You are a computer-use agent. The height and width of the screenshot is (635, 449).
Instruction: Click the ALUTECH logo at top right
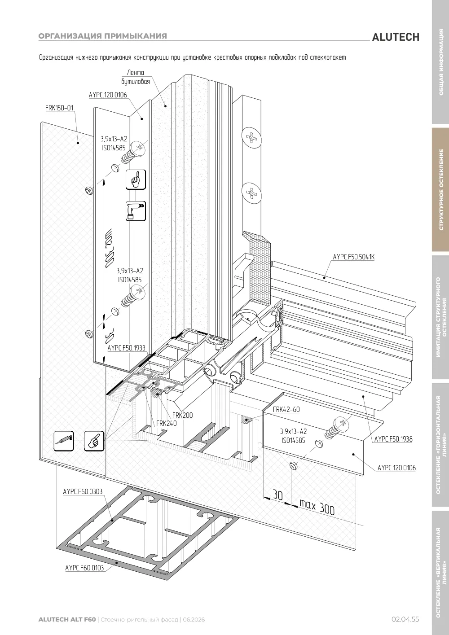coord(396,37)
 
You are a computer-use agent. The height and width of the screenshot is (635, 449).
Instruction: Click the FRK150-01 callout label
coord(59,108)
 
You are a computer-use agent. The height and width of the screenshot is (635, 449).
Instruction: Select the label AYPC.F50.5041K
coord(354,257)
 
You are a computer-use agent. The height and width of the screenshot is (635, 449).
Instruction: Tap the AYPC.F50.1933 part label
coord(126,348)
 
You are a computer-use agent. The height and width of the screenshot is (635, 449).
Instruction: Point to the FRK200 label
coord(182,415)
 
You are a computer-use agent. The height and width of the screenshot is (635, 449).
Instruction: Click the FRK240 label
coord(166,423)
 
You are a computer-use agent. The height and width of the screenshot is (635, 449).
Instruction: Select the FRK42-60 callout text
coord(286,409)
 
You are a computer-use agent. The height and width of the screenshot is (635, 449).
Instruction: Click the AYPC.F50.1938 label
coord(393,439)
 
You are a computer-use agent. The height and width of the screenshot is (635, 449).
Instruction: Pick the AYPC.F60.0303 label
coord(83,491)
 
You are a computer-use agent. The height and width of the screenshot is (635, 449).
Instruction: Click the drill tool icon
coord(136,211)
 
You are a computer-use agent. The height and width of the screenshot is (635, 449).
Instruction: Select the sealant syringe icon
coord(64,441)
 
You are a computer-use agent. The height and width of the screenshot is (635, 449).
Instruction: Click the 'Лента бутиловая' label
coord(136,77)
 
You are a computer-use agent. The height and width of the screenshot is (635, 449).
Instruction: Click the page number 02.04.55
coord(405,619)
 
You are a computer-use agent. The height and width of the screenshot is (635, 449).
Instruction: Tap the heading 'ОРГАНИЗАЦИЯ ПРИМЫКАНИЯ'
coord(103,36)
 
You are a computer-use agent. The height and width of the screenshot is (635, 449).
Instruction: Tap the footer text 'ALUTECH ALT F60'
coord(67,619)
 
